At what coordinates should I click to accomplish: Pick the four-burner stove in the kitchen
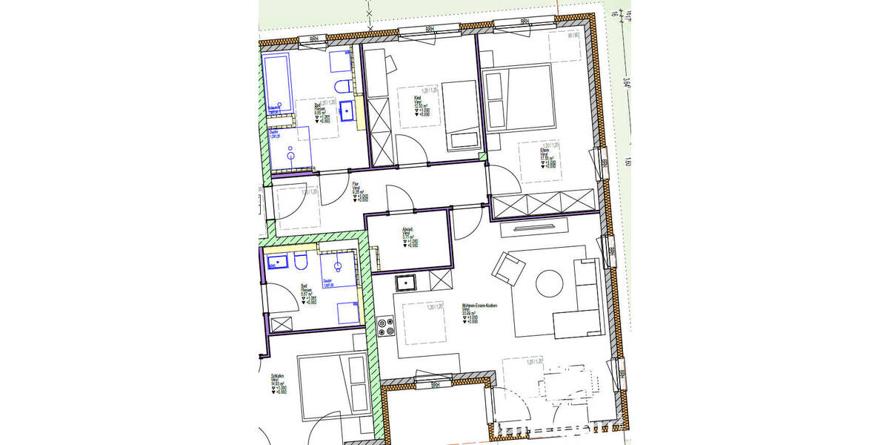click(x=385, y=326)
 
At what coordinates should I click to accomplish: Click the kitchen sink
click(x=407, y=283)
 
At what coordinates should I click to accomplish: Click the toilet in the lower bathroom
click(x=300, y=262)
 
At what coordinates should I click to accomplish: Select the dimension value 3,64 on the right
click(x=626, y=83)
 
